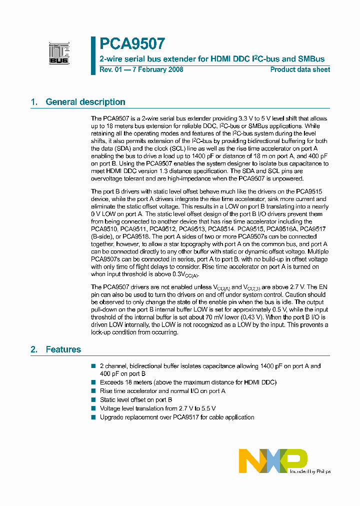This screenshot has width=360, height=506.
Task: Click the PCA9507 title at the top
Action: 132,43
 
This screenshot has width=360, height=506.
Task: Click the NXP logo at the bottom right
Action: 272,460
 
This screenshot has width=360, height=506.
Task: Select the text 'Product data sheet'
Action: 300,69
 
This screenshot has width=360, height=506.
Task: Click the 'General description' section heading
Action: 85,102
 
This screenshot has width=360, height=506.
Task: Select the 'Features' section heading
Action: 63,349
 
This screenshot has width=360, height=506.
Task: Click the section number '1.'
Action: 34,102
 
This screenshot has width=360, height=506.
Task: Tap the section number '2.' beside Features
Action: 34,349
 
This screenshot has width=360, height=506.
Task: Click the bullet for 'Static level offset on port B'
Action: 93,400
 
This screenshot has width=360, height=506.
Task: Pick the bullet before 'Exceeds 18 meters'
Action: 93,382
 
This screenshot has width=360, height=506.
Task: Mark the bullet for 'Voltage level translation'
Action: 93,408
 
